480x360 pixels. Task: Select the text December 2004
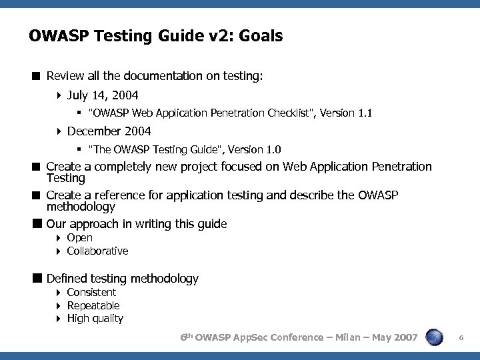click(x=109, y=131)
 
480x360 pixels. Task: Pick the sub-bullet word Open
click(x=80, y=237)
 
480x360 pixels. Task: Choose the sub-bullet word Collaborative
click(x=97, y=251)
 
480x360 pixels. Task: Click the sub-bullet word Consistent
click(x=91, y=292)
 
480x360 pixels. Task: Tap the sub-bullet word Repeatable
click(x=93, y=305)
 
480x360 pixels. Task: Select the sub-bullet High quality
click(x=95, y=318)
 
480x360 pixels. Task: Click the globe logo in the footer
click(x=435, y=338)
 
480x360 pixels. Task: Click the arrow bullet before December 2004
click(x=59, y=131)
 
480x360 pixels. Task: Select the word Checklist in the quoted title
click(x=291, y=113)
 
